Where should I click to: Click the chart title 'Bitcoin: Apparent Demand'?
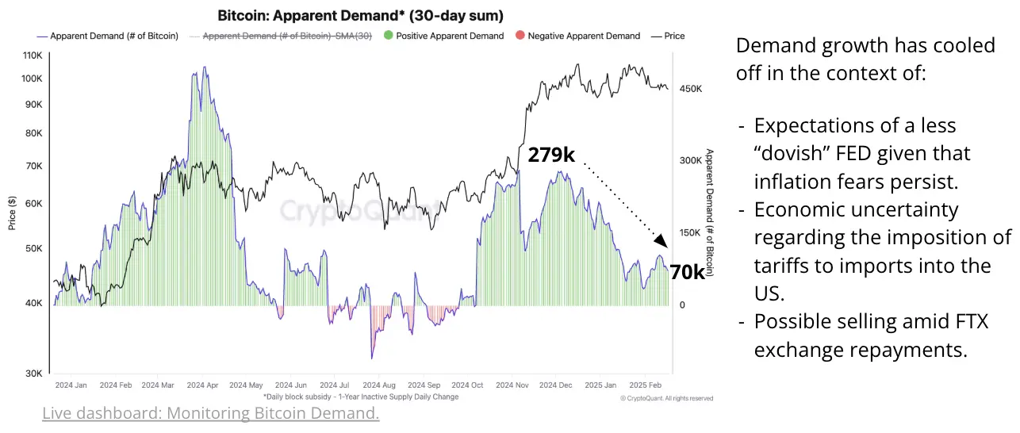360,16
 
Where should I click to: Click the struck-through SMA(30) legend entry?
286,36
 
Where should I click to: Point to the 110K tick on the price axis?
33,56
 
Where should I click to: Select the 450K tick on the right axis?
690,89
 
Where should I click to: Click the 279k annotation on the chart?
551,155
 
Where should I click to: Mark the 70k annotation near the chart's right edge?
687,272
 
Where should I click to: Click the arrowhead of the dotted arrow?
662,243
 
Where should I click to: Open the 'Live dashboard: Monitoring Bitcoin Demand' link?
210,413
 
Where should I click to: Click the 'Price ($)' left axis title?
12,213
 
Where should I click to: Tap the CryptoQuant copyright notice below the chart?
666,398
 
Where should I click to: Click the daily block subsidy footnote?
361,397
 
